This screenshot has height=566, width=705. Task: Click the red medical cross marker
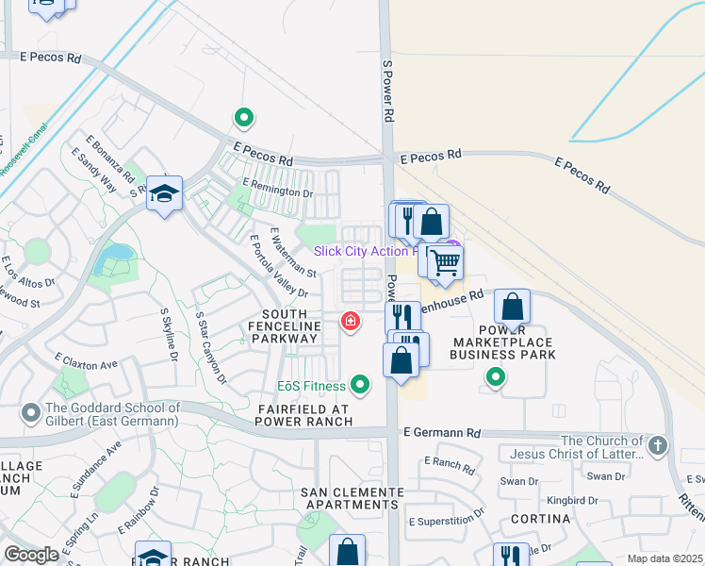351,323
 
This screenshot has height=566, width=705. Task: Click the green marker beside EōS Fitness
359,385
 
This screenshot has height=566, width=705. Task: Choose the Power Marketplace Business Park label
502,348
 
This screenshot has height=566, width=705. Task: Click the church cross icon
657,444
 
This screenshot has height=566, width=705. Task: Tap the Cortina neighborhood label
540,520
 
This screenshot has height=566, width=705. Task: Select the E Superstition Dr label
446,522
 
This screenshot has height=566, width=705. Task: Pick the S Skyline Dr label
170,333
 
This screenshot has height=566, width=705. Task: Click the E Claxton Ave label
87,360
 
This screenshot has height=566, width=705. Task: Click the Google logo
32,555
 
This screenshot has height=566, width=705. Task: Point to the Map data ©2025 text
664,558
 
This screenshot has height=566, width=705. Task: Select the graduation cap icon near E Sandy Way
164,193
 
